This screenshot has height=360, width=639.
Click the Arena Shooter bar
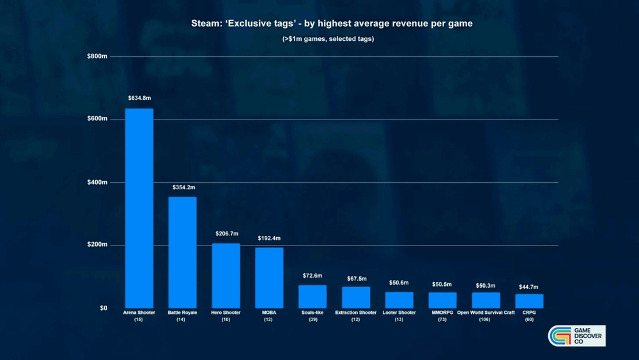[139, 208]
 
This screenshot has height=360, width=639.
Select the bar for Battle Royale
[182, 253]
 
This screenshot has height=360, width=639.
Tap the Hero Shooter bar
[226, 276]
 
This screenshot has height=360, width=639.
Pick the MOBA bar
[269, 278]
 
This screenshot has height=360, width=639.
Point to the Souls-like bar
[312, 297]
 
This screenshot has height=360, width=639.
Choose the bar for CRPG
[529, 301]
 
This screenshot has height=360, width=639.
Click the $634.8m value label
[139, 98]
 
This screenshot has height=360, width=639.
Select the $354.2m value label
[183, 187]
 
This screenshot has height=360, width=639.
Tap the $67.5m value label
[356, 278]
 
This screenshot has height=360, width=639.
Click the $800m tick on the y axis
[96, 56]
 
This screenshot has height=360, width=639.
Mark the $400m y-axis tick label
[96, 182]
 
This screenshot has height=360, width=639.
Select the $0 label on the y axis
[103, 308]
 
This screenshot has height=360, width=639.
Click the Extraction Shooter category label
[356, 313]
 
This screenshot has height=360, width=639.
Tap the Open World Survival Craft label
[486, 313]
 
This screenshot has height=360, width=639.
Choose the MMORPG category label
[442, 313]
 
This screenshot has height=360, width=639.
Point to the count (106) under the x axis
[486, 320]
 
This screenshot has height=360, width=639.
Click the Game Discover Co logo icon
[561, 336]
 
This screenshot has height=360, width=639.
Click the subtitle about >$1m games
[328, 40]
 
